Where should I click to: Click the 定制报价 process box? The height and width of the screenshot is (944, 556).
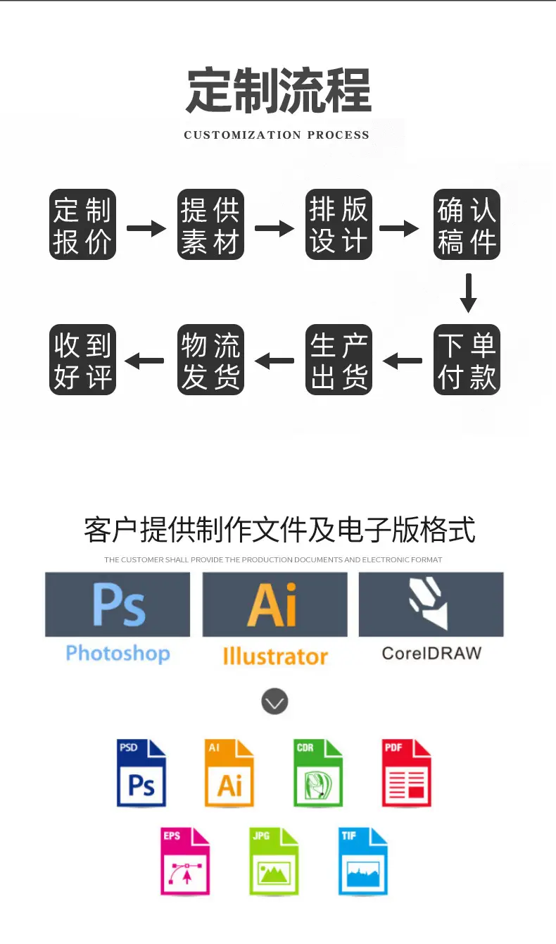[x=82, y=224]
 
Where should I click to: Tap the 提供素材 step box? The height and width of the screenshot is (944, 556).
[x=210, y=224]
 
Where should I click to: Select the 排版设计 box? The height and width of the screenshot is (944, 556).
[x=339, y=224]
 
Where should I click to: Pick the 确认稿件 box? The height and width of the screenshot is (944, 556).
[x=467, y=224]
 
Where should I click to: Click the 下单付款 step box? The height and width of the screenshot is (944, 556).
[x=467, y=359]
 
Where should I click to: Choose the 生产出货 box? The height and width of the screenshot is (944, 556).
[x=339, y=359]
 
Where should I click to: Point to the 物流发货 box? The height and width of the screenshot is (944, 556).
[x=210, y=359]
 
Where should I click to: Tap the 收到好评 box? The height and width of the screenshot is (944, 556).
[x=82, y=359]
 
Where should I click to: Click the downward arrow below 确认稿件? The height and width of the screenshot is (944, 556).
[x=468, y=293]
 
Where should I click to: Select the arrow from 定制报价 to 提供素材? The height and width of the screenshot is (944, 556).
[x=146, y=228]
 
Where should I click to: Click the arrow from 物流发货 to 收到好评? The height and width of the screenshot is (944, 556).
[x=144, y=361]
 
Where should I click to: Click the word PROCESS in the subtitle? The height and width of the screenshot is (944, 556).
[x=338, y=135]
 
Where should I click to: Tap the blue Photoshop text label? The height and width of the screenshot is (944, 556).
[x=118, y=654]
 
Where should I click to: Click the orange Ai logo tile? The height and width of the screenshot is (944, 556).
[x=275, y=604]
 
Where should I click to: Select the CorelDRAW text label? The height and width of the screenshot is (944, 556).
[x=431, y=653]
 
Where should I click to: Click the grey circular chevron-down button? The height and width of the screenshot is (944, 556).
[x=275, y=701]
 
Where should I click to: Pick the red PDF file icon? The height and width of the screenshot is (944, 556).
[x=407, y=773]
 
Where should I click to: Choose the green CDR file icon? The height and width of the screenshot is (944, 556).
[x=318, y=773]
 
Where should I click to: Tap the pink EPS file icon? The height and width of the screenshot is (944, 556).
[x=185, y=862]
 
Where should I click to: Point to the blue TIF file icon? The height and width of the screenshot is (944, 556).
[x=363, y=862]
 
